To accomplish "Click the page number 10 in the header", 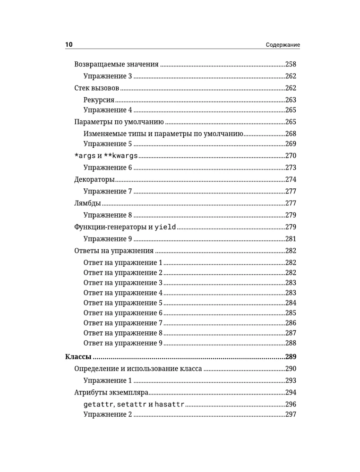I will [69, 45].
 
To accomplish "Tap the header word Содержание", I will [283, 45].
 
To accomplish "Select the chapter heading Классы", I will [78, 356].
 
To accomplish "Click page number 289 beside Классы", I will [293, 356].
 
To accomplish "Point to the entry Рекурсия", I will [99, 100].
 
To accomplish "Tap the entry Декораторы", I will [94, 179].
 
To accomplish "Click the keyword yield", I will [166, 227].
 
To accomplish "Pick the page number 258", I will [293, 64].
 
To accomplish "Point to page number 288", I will [293, 343].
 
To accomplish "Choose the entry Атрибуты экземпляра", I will [112, 392].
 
